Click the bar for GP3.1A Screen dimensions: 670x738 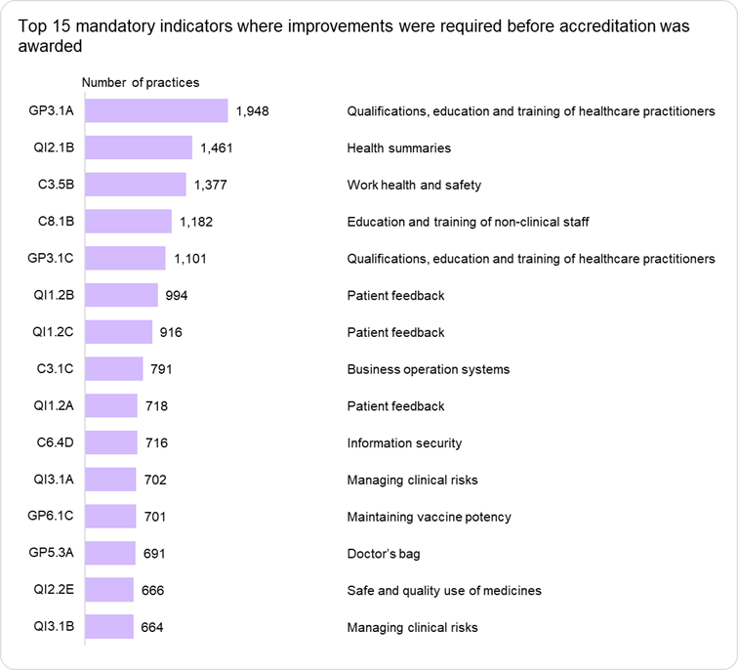[156, 111]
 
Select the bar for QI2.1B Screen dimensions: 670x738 [139, 148]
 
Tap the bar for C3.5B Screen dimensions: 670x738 [136, 185]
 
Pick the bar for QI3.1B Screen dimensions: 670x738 [109, 627]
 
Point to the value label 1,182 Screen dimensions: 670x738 [196, 222]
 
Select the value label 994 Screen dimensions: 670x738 [176, 296]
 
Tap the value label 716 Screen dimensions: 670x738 [156, 443]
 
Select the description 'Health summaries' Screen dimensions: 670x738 [399, 148]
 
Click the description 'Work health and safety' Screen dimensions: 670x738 [414, 185]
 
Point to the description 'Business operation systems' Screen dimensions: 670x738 [429, 369]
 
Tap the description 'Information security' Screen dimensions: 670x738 [404, 443]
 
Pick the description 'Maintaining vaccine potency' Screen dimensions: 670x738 [429, 517]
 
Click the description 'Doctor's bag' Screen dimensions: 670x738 [384, 554]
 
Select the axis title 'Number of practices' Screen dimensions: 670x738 [140, 83]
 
